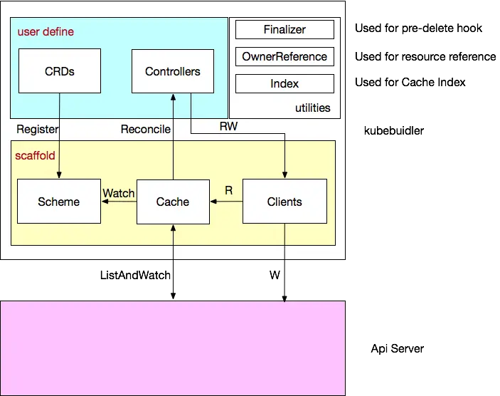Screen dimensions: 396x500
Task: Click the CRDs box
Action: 60,71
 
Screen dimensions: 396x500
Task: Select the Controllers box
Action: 173,71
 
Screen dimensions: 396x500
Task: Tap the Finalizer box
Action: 284,30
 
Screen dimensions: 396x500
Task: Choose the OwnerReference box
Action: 284,57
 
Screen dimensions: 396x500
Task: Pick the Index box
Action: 284,84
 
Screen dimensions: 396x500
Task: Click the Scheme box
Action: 59,202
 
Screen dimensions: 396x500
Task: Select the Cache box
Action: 173,202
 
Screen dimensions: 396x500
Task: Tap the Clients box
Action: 284,202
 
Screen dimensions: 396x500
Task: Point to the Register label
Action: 37,129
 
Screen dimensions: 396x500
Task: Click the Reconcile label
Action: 146,129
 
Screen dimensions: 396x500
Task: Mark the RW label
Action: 228,126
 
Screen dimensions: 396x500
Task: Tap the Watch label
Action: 119,193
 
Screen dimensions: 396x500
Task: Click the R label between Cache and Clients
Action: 228,190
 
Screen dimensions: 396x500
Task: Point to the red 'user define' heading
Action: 46,32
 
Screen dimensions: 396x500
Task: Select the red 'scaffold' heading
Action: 35,155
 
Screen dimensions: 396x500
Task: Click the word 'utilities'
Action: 313,108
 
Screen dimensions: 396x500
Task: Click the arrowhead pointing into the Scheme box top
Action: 60,176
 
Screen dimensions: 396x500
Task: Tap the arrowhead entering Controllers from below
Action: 173,96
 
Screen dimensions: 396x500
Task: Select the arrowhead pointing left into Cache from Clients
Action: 213,202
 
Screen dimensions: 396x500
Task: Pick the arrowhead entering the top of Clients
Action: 284,176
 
